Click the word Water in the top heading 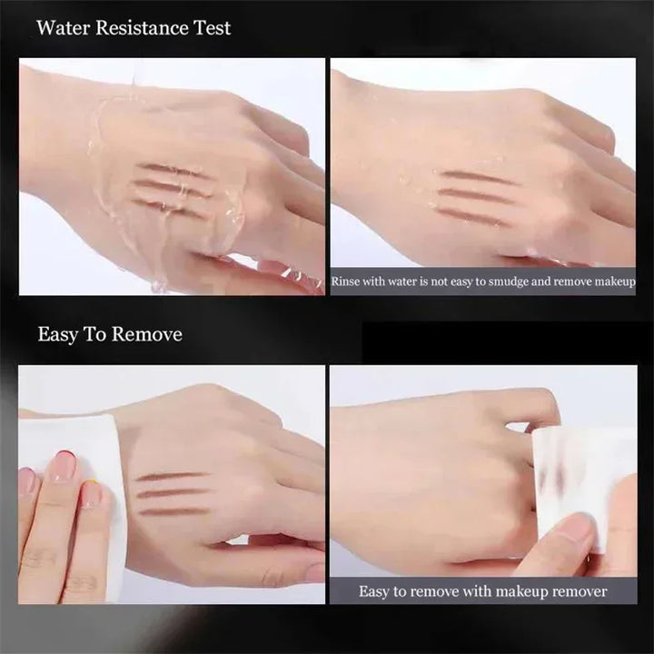point(63,28)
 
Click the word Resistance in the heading point(142,28)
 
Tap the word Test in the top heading point(213,28)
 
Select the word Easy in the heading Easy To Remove point(57,335)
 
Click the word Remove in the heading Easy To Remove point(147,334)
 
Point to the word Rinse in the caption point(345,282)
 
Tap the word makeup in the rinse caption point(615,282)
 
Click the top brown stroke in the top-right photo point(475,176)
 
